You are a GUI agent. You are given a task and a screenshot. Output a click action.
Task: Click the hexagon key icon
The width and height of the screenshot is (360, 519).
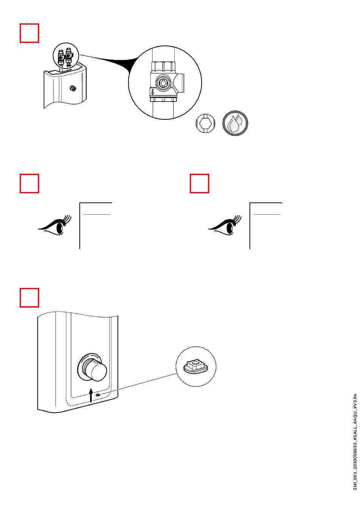click(205, 123)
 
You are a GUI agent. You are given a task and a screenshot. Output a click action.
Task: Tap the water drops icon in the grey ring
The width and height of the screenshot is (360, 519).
click(235, 123)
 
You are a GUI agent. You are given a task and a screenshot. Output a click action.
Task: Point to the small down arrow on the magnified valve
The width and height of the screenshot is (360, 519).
click(153, 92)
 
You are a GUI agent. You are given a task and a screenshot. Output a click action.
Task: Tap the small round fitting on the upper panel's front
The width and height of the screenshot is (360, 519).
click(72, 89)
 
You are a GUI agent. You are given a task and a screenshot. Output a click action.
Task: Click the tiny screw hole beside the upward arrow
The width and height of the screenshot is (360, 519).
click(99, 395)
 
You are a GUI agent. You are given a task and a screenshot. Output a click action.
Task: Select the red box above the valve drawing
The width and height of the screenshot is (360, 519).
click(30, 33)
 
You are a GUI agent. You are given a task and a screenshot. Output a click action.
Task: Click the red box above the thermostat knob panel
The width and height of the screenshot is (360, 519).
click(30, 297)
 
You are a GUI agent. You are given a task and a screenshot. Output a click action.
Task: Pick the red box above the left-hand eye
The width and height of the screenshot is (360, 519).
click(30, 183)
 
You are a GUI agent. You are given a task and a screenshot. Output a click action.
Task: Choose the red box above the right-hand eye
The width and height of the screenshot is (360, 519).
click(199, 183)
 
